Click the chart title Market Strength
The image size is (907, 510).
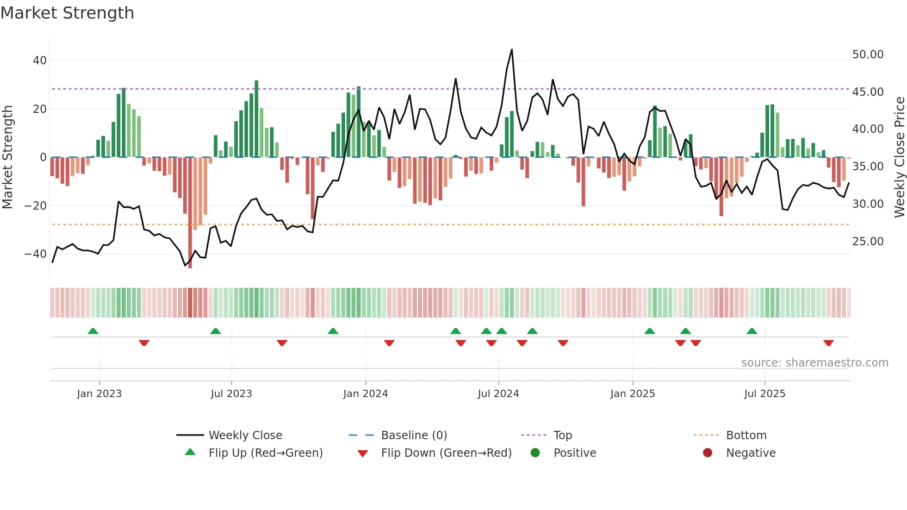[67, 13]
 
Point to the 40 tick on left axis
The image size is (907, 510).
[40, 61]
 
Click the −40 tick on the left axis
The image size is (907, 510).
[36, 254]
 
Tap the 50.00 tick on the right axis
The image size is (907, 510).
[868, 55]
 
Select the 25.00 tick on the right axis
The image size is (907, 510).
[868, 242]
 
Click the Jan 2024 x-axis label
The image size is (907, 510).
[365, 394]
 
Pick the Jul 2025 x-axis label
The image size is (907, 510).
[764, 394]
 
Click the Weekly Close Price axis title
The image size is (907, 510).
[899, 157]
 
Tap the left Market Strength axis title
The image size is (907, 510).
[8, 157]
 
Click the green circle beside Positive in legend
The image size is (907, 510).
[535, 453]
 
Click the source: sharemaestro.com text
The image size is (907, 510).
[814, 363]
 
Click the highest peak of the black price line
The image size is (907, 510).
[511, 50]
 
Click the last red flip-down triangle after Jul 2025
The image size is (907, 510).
[828, 343]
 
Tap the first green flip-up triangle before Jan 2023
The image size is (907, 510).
[93, 331]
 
